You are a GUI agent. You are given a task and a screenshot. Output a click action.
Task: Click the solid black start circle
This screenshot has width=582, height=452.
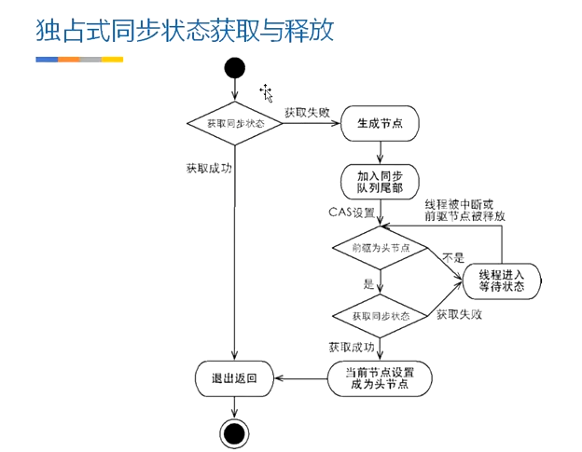[234, 67]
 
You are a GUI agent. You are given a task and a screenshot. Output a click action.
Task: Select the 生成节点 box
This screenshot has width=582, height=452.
[380, 123]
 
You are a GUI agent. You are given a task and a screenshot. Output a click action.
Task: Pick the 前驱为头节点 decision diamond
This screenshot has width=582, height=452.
[381, 249]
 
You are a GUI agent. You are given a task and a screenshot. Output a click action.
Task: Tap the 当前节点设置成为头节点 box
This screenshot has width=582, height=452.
[381, 377]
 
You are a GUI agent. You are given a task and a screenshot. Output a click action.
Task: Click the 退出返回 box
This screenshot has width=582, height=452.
[233, 377]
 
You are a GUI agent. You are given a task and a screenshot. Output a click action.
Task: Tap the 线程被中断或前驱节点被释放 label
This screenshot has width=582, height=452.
[465, 210]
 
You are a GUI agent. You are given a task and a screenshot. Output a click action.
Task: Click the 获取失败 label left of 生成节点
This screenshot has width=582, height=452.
[307, 112]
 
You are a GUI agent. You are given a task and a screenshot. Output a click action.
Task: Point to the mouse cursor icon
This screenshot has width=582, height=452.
[266, 92]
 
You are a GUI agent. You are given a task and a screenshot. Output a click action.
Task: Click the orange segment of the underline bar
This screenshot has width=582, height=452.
[69, 59]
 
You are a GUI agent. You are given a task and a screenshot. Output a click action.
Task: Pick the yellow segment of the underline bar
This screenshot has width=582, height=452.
[113, 59]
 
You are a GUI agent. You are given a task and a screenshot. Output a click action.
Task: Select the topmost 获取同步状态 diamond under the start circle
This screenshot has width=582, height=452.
[234, 123]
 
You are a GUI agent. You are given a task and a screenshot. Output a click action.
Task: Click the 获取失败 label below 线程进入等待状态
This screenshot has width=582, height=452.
[460, 314]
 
